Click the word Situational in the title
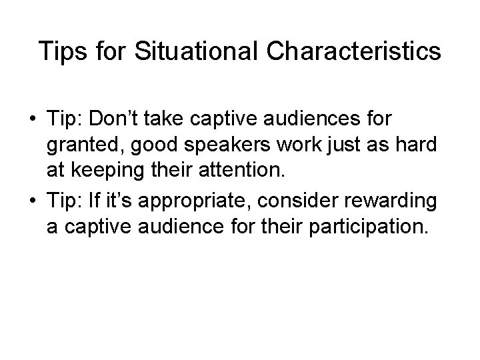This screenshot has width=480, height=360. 179,51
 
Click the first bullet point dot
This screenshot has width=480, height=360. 33,119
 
